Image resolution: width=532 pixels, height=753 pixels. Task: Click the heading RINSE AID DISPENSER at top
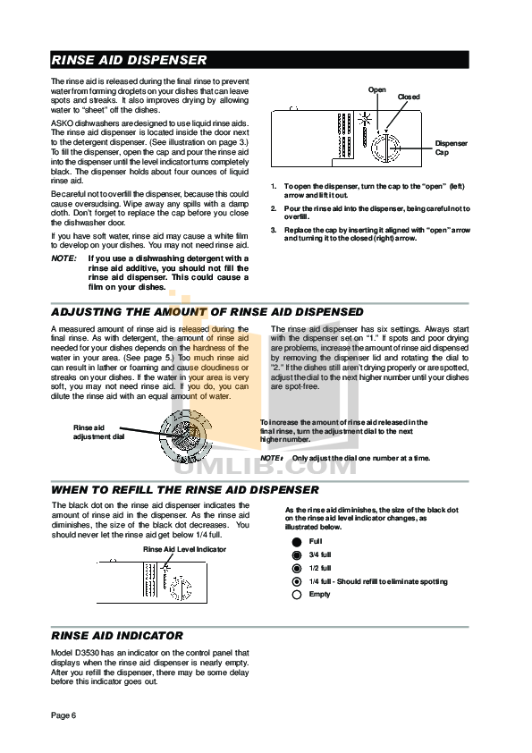pos(130,61)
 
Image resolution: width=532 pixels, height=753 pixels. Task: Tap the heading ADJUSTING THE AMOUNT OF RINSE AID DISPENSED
pos(207,312)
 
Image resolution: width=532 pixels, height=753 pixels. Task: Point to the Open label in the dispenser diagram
pos(377,90)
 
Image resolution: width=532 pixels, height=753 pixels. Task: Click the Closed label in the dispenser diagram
pos(409,97)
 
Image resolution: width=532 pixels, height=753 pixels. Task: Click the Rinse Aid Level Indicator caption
pos(184,549)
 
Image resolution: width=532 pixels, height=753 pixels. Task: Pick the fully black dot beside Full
pos(296,542)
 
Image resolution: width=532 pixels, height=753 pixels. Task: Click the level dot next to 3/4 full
pos(296,555)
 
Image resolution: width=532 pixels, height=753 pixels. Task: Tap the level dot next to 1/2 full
pos(296,568)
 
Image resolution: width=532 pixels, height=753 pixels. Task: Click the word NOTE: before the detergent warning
pos(63,258)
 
